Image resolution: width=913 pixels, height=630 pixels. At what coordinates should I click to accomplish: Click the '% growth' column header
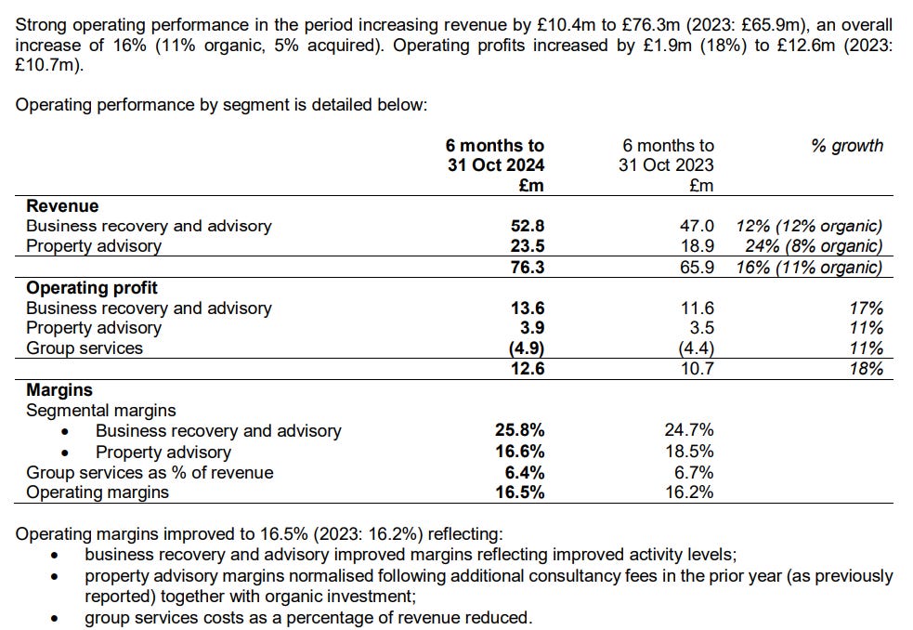pos(847,145)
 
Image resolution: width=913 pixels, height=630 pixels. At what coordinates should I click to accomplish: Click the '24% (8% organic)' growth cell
pos(814,246)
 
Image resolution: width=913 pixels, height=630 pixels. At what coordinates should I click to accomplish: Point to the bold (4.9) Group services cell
pos(525,348)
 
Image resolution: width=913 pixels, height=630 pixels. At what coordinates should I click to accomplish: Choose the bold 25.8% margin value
pos(520,431)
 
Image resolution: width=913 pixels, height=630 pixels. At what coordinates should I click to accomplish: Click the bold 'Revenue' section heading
pos(62,206)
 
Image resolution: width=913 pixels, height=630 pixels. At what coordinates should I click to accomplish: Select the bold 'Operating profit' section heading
pos(92,288)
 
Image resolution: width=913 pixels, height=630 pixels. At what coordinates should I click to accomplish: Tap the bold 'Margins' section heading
pos(59,390)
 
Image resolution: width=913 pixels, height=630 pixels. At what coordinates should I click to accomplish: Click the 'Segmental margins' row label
pos(100,411)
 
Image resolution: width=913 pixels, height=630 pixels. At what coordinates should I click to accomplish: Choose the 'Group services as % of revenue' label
pos(150,472)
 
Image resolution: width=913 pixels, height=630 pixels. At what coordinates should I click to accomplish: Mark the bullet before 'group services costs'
pos(58,617)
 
